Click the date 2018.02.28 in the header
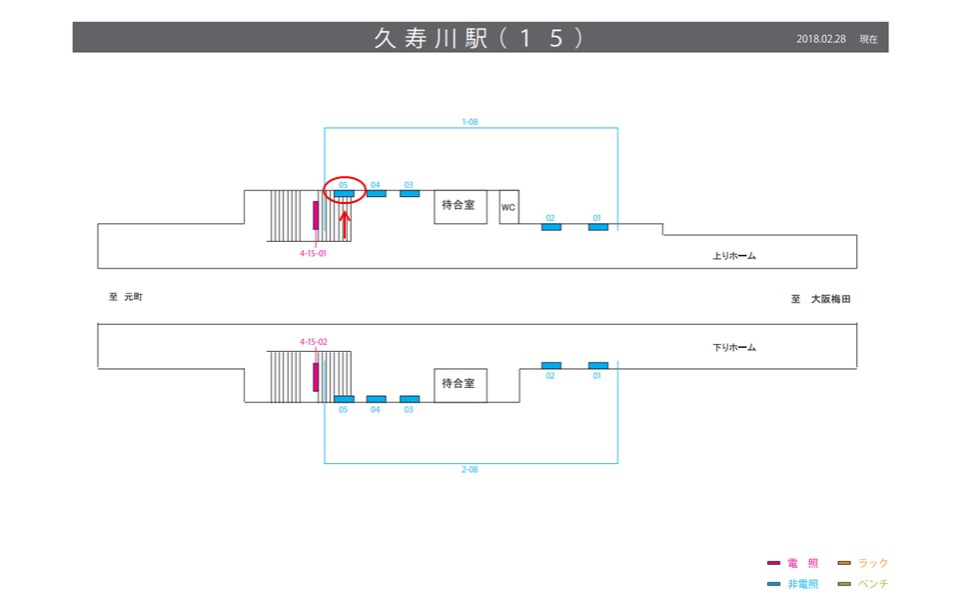pyautogui.click(x=821, y=39)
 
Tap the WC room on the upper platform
pyautogui.click(x=508, y=207)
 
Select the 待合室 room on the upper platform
pyautogui.click(x=460, y=207)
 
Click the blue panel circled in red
pyautogui.click(x=344, y=193)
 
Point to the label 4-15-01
pyautogui.click(x=313, y=254)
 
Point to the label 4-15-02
pyautogui.click(x=314, y=342)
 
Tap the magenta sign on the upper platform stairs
pyautogui.click(x=316, y=215)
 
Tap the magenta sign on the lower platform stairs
pyautogui.click(x=316, y=377)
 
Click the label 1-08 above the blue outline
pyautogui.click(x=470, y=122)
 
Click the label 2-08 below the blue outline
pyautogui.click(x=470, y=469)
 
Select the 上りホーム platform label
pyautogui.click(x=734, y=256)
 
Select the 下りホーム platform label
pyautogui.click(x=734, y=348)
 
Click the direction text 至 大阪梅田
pyautogui.click(x=819, y=299)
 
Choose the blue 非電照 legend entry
pyautogui.click(x=795, y=584)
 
